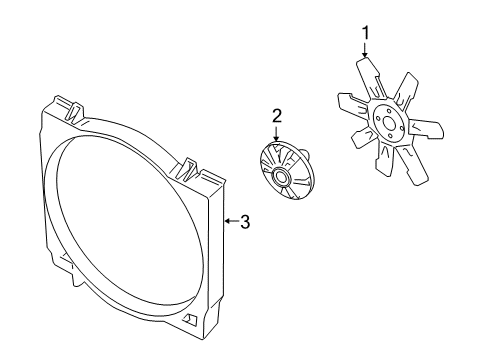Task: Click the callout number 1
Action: tap(365, 33)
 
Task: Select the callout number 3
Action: tap(244, 222)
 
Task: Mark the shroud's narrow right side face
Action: tap(213, 260)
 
